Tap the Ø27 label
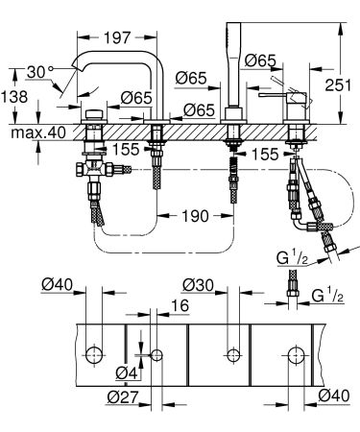pyautogui.click(x=123, y=396)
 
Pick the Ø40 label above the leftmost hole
pyautogui.click(x=59, y=285)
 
